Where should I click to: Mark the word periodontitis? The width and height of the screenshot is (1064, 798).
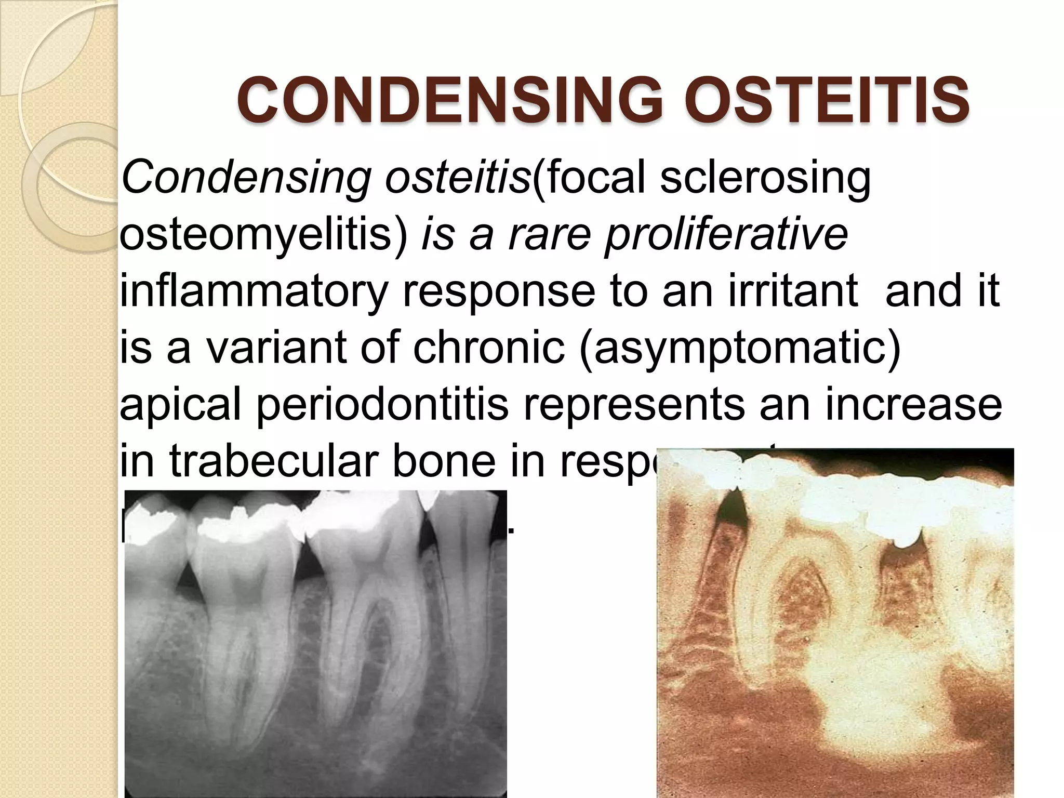382,405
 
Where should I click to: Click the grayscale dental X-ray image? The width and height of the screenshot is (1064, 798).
315,644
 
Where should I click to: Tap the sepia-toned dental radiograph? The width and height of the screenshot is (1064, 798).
835,623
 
